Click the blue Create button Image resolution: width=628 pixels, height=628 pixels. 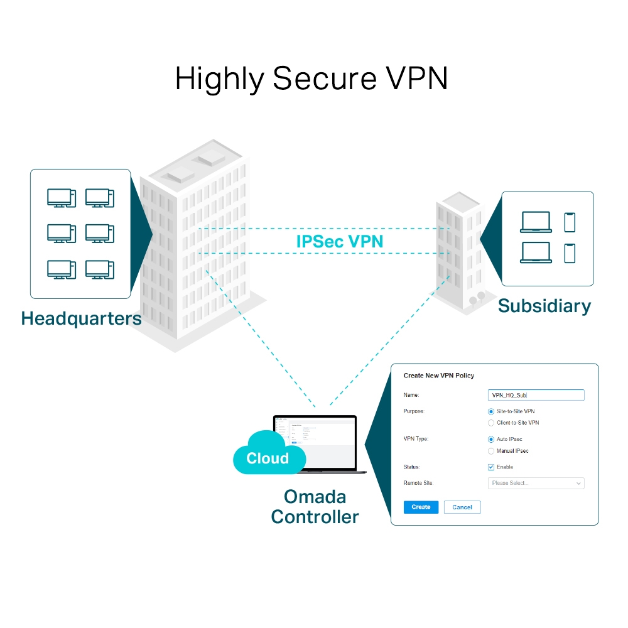(x=421, y=507)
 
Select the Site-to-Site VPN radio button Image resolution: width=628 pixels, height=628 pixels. (x=491, y=411)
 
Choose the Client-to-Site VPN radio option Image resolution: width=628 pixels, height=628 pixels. (x=491, y=423)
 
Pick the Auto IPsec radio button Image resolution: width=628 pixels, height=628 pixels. (x=491, y=440)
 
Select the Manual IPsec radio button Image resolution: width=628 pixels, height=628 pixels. (x=491, y=451)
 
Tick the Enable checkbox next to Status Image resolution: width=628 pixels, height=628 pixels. (x=491, y=467)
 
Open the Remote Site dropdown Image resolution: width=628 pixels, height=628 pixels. (x=536, y=483)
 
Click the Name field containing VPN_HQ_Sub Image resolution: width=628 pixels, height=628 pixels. (x=536, y=395)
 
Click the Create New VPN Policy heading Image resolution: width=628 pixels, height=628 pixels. (x=438, y=376)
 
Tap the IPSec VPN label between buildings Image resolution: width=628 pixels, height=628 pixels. (x=339, y=241)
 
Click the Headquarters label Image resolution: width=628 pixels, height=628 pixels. (x=81, y=318)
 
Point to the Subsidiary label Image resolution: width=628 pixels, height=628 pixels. (x=544, y=306)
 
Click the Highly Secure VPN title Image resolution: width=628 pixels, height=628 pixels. (x=311, y=79)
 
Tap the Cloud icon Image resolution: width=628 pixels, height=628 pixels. (x=267, y=455)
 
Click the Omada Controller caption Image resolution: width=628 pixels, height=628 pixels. (x=315, y=506)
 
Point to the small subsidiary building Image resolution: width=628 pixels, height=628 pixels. (x=458, y=251)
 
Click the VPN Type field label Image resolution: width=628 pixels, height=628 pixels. (x=416, y=439)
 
